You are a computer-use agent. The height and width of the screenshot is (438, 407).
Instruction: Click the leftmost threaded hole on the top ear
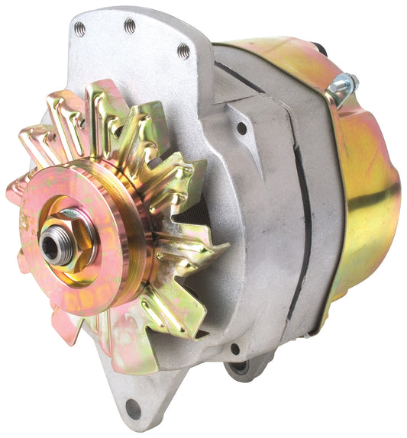80,29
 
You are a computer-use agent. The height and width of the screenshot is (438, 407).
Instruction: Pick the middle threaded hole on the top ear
130,26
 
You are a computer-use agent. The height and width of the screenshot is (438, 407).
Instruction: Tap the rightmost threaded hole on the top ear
183,51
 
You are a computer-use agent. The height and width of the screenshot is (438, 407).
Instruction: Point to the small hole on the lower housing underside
234,349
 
